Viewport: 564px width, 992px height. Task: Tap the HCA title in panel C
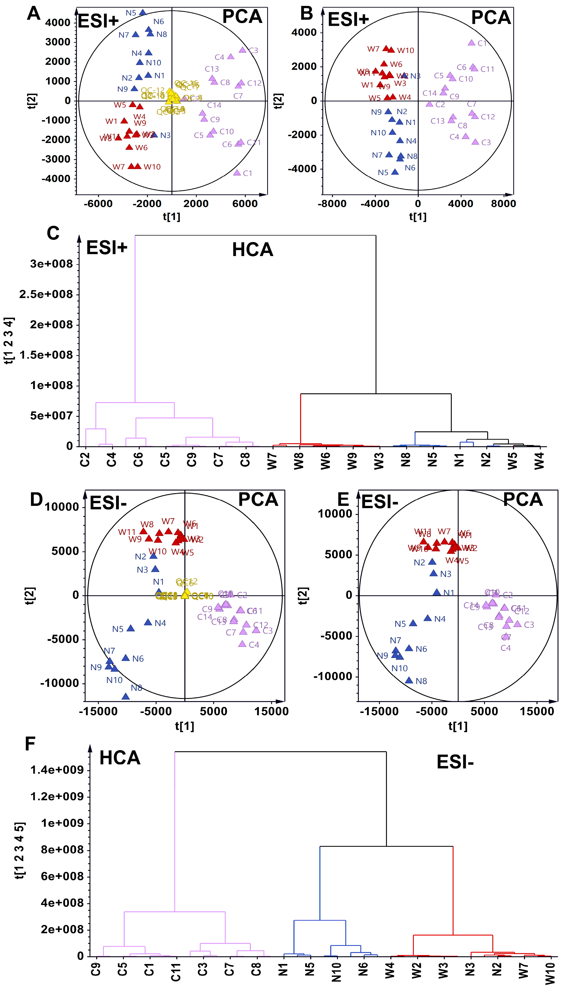pos(253,250)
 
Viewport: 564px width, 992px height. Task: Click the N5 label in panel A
pos(131,13)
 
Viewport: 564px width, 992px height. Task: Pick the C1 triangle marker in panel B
pos(471,43)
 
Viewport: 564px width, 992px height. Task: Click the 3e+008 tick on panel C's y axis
pos(51,264)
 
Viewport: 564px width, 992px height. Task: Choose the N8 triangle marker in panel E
pos(409,680)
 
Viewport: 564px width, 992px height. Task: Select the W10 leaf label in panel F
pos(550,974)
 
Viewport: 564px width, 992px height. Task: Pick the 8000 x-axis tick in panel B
pos(503,204)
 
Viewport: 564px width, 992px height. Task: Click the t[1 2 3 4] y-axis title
pos(9,341)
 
